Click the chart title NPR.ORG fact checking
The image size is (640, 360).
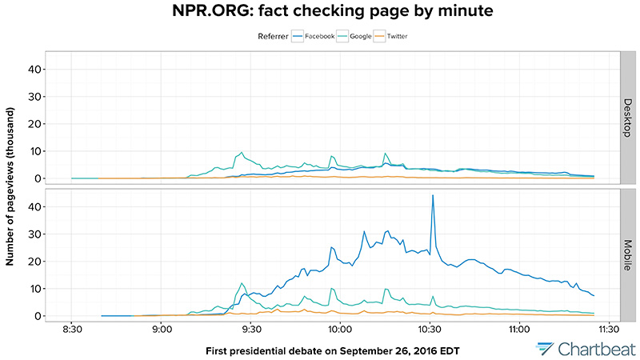pos(320,12)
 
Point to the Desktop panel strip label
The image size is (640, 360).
pos(630,118)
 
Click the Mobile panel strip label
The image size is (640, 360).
pos(630,255)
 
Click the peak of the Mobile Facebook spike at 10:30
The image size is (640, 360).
pos(433,195)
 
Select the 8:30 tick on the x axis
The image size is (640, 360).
pos(72,327)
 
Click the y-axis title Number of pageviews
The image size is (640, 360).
pos(10,185)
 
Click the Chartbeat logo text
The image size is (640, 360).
pos(593,348)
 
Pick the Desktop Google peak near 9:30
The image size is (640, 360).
pos(241,152)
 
